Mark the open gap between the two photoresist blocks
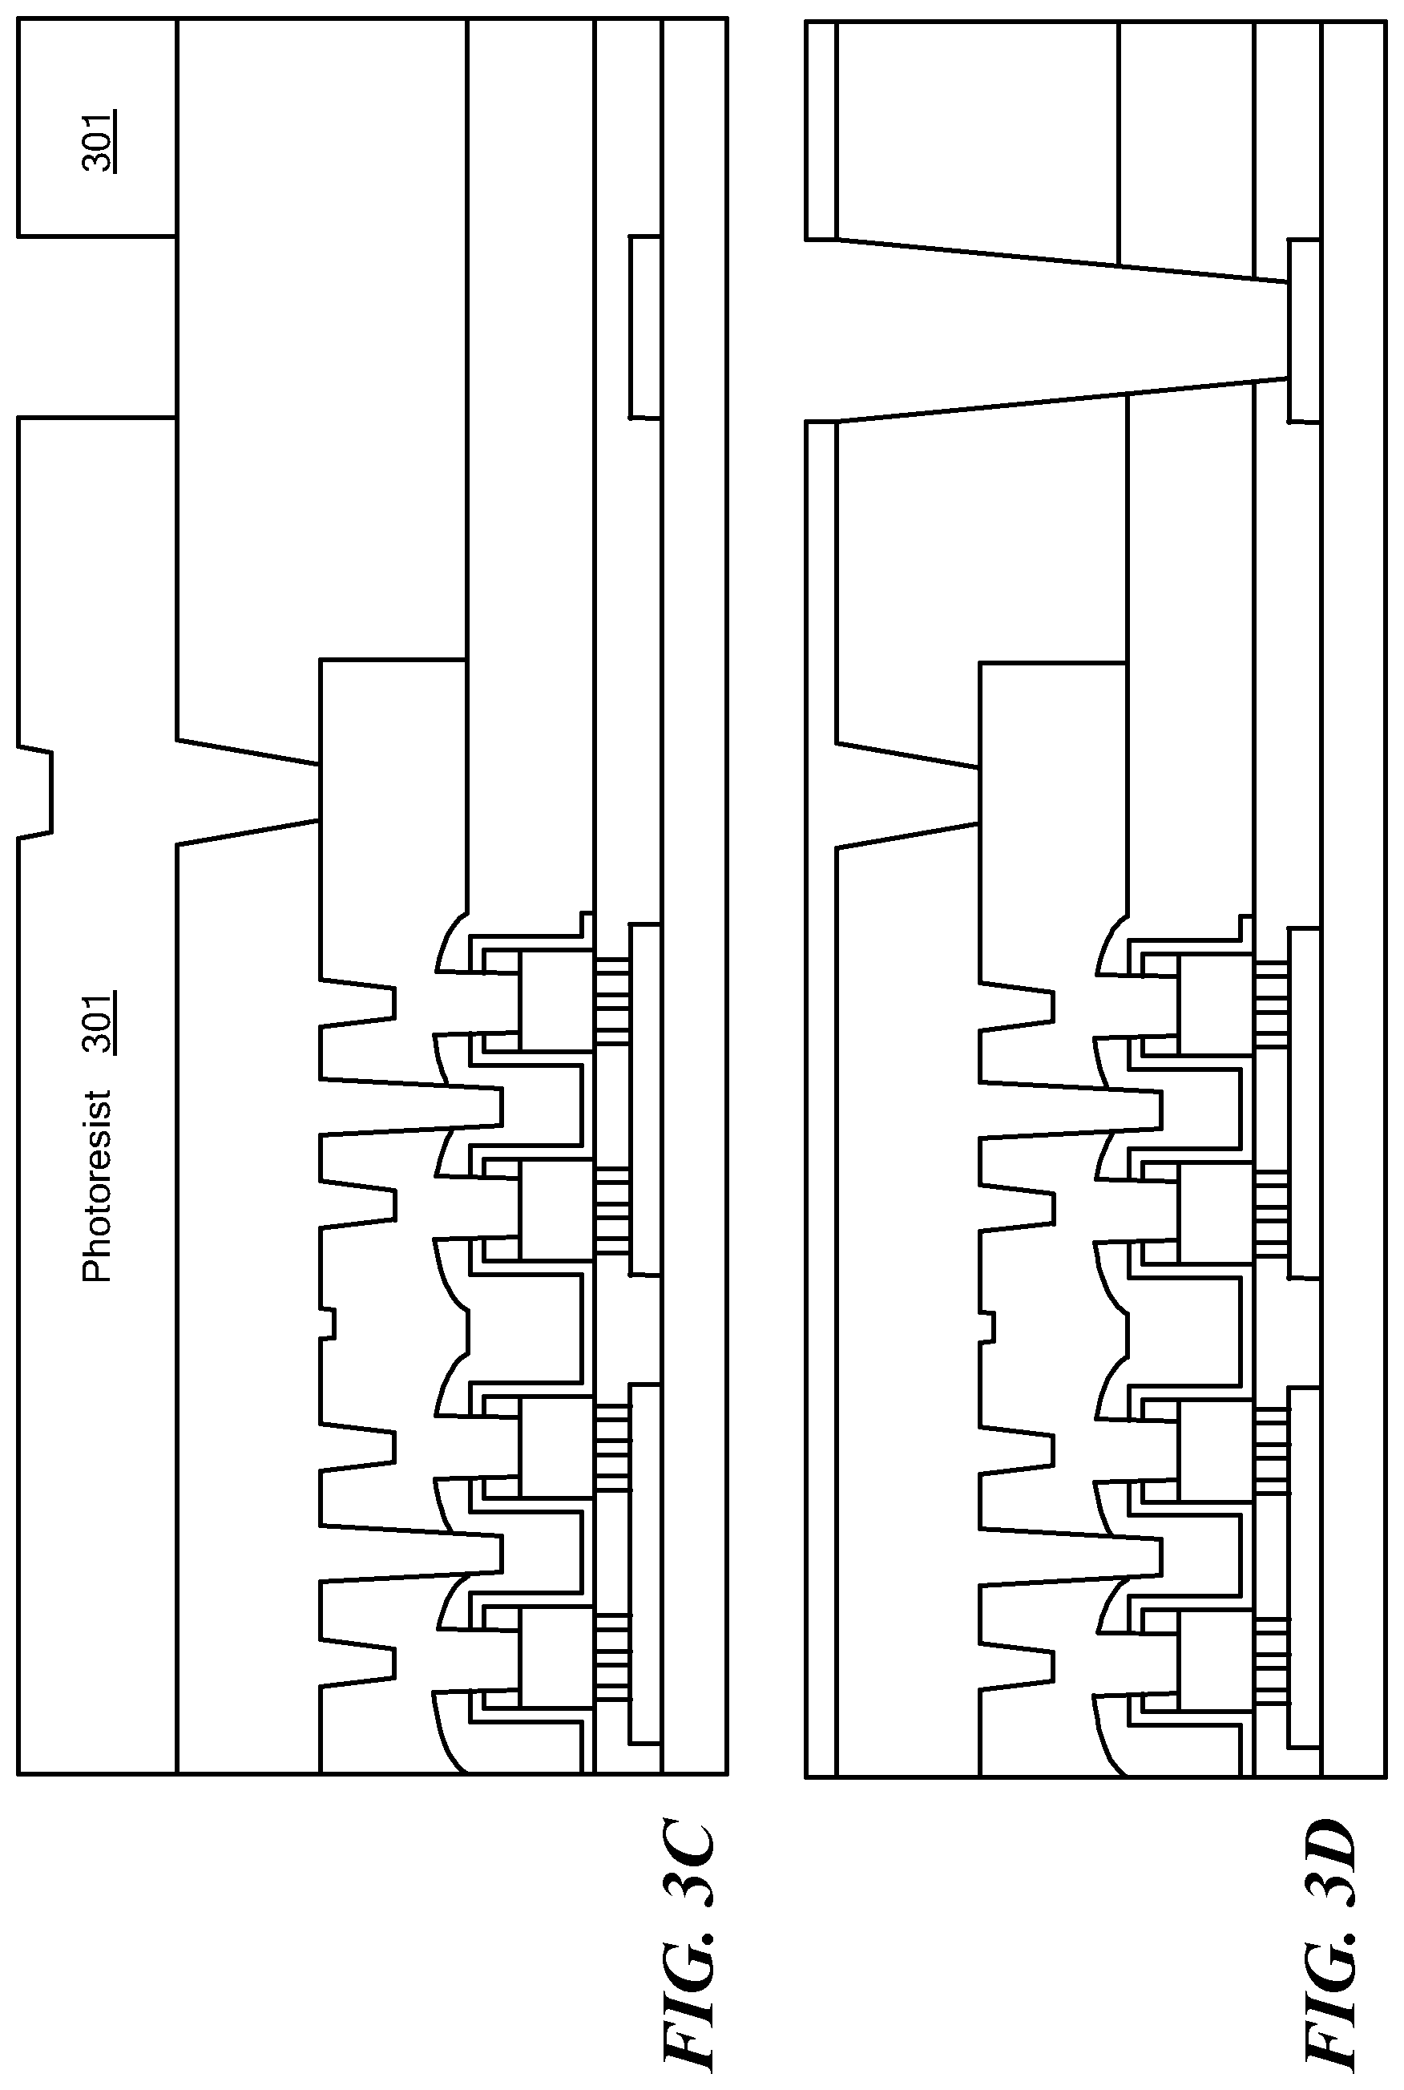pyautogui.click(x=97, y=327)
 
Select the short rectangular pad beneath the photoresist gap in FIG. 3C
pyautogui.click(x=644, y=327)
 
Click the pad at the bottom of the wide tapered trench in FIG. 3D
pyautogui.click(x=1304, y=330)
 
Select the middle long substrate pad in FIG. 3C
pyautogui.click(x=644, y=1100)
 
